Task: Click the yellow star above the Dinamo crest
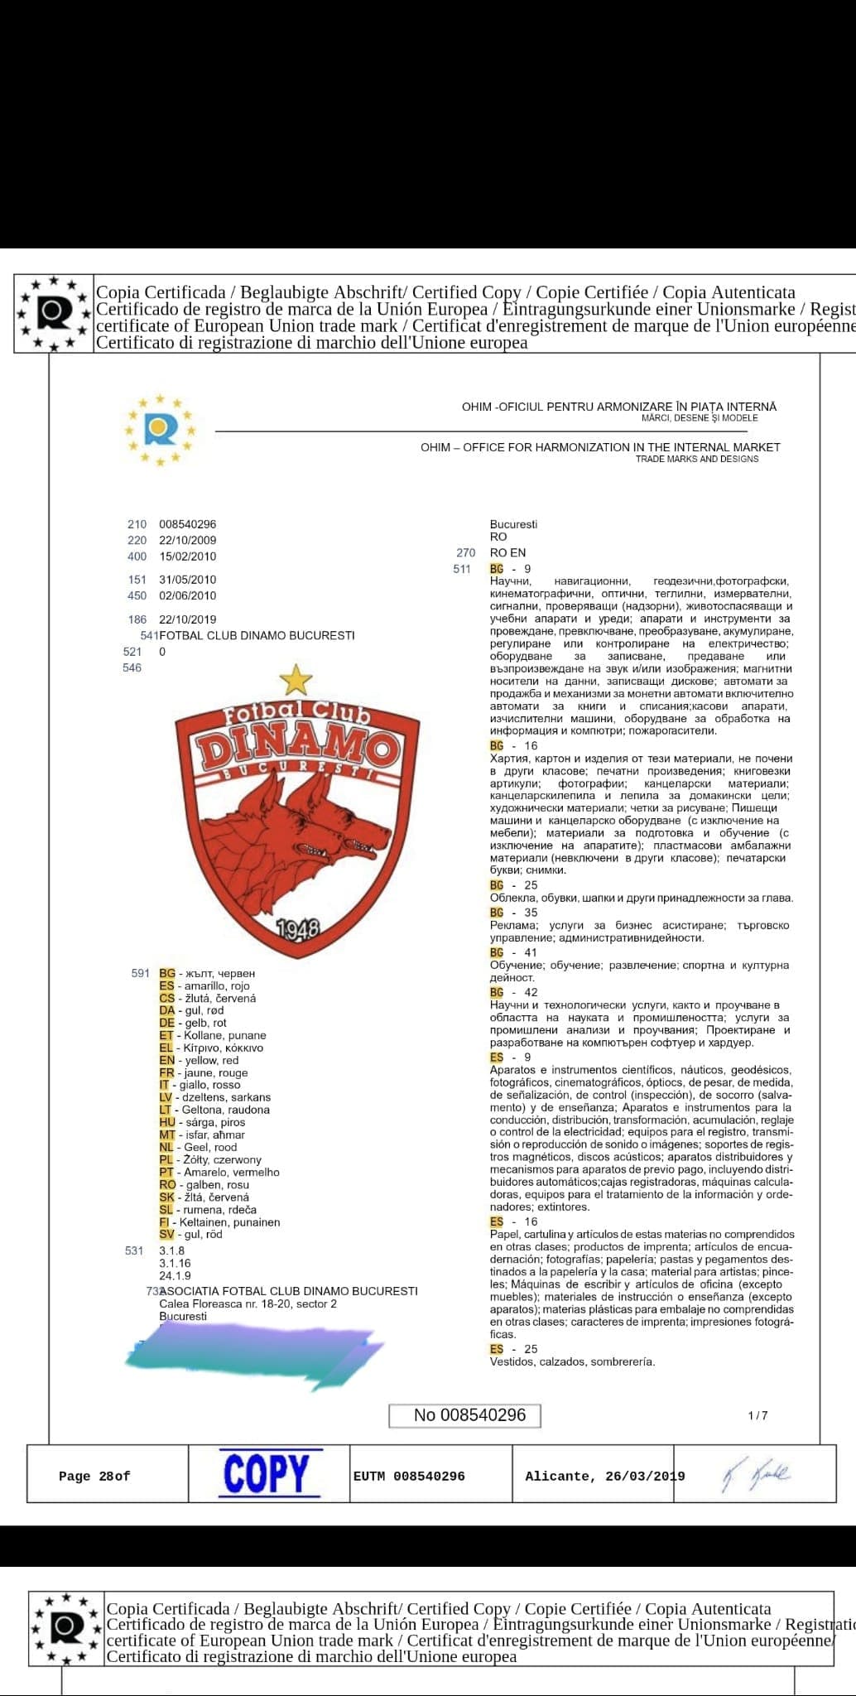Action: pos(296,681)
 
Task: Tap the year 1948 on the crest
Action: pos(296,929)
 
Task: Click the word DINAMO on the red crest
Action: pos(295,749)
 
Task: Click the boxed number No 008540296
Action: pos(464,1415)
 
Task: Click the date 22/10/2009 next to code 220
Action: pos(188,540)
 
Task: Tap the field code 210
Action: pos(137,524)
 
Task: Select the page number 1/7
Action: pos(757,1415)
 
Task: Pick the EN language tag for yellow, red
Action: pos(167,1060)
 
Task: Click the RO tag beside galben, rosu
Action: pos(167,1184)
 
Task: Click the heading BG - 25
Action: pos(513,885)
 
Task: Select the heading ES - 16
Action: pos(513,1221)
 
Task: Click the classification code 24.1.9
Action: pos(175,1275)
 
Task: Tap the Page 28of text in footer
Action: pos(94,1477)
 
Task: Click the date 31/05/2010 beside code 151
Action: pos(188,580)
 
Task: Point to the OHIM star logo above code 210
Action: pos(161,430)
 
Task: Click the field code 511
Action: pos(462,569)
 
